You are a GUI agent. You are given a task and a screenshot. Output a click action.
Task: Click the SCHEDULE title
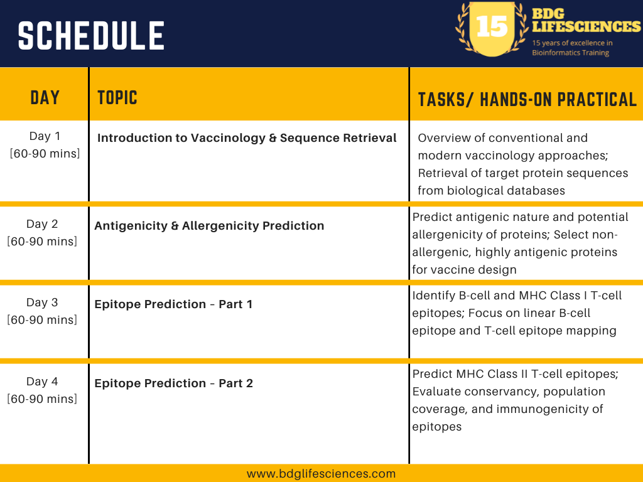point(91,36)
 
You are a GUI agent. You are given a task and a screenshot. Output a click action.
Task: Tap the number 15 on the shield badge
point(492,27)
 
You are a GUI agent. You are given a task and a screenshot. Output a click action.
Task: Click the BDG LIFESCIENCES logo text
point(586,20)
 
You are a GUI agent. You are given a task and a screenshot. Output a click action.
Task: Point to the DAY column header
point(45,97)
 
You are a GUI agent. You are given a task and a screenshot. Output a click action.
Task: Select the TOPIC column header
point(117,97)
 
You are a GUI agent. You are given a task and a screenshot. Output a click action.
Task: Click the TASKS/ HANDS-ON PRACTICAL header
point(527,100)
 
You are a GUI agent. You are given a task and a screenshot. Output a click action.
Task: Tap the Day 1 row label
point(45,136)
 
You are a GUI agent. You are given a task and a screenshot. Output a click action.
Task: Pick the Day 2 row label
point(42,224)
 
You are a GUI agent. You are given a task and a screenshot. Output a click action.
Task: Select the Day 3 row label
point(42,302)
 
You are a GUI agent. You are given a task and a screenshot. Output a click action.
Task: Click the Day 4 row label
point(42,381)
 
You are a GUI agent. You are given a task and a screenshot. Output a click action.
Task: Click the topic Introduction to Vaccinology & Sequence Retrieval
point(247,137)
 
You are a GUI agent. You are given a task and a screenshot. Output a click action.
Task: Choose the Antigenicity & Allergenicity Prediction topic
point(209,226)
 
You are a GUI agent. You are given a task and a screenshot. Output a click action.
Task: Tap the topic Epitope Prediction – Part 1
point(173,304)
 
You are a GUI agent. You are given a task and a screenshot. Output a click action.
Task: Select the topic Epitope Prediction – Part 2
point(173,383)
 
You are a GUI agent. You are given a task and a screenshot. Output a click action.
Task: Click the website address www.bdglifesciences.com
point(321,474)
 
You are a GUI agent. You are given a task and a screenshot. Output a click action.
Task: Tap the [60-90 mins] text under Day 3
point(42,319)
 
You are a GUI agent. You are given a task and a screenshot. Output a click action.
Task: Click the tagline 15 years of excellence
point(572,43)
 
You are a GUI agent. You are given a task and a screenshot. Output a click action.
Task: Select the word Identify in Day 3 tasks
point(433,296)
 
